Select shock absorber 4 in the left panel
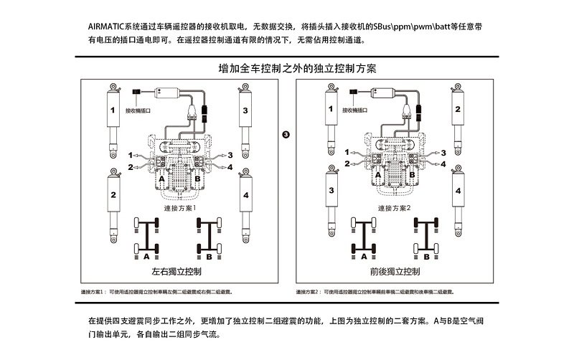click(x=245, y=203)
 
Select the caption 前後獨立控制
click(x=395, y=273)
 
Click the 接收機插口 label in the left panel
click(x=138, y=111)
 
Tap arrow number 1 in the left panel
click(x=131, y=155)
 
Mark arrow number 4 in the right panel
click(x=443, y=166)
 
